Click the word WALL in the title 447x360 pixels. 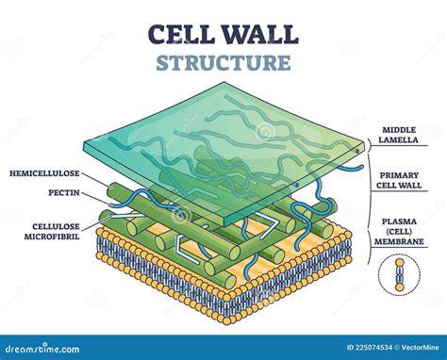[259, 34]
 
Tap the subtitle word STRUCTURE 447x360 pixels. [223, 62]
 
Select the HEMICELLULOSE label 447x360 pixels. [44, 173]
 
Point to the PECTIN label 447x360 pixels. [64, 192]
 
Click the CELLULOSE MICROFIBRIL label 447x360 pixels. [52, 231]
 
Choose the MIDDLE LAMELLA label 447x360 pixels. [398, 135]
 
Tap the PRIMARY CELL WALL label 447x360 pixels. [399, 180]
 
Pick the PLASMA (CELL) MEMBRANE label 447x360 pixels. [399, 232]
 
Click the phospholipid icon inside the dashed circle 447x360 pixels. [399, 275]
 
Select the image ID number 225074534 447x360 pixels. [374, 348]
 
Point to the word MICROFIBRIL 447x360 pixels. [52, 237]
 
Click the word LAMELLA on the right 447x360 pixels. [398, 139]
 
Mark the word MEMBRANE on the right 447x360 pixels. [399, 241]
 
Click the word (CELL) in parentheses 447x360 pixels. [399, 232]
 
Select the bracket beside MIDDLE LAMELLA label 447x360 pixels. [369, 145]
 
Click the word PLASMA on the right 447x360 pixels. [399, 221]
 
